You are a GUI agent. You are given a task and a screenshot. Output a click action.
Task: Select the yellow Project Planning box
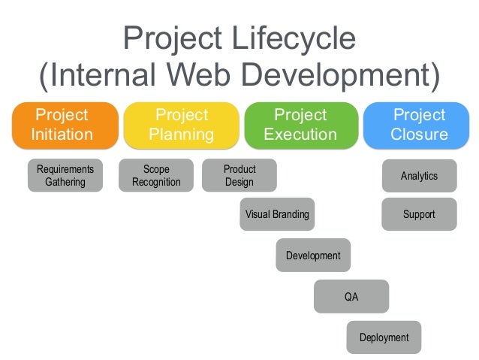point(181,125)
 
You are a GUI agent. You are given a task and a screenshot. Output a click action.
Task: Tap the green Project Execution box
point(300,125)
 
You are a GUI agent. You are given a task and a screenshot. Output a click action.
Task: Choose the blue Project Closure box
point(419,125)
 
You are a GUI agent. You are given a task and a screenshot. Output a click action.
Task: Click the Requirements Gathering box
point(65,176)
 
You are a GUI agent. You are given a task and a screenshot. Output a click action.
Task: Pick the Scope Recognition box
point(155,176)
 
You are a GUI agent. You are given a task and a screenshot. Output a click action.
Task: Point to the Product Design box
point(239,176)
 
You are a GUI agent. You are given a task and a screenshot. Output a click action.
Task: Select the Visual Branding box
point(277,214)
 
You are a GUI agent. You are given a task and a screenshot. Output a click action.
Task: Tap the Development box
point(313,256)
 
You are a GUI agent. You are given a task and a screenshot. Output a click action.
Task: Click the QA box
point(351,297)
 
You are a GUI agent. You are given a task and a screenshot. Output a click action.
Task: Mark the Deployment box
point(384,337)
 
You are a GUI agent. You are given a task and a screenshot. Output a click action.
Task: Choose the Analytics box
point(419,176)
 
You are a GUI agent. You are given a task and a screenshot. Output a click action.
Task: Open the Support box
point(419,214)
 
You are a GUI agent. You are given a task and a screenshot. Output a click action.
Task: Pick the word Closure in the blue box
point(419,135)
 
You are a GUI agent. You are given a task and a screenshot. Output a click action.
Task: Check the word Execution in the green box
point(300,135)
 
